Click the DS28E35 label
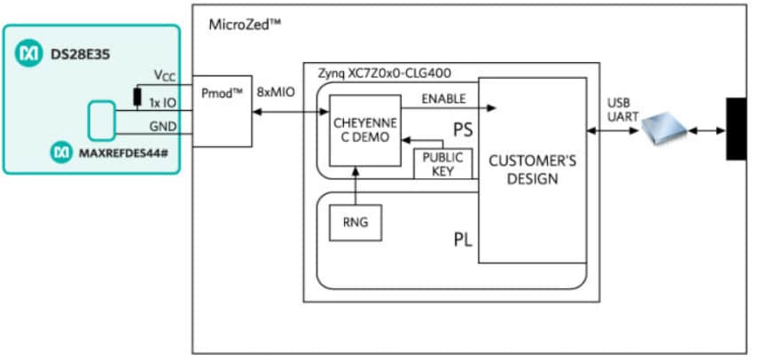pyautogui.click(x=70, y=54)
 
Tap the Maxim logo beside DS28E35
pyautogui.click(x=26, y=54)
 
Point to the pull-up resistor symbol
pyautogui.click(x=138, y=97)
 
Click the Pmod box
pyautogui.click(x=222, y=110)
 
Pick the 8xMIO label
pyautogui.click(x=274, y=90)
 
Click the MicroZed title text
pyautogui.click(x=245, y=23)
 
